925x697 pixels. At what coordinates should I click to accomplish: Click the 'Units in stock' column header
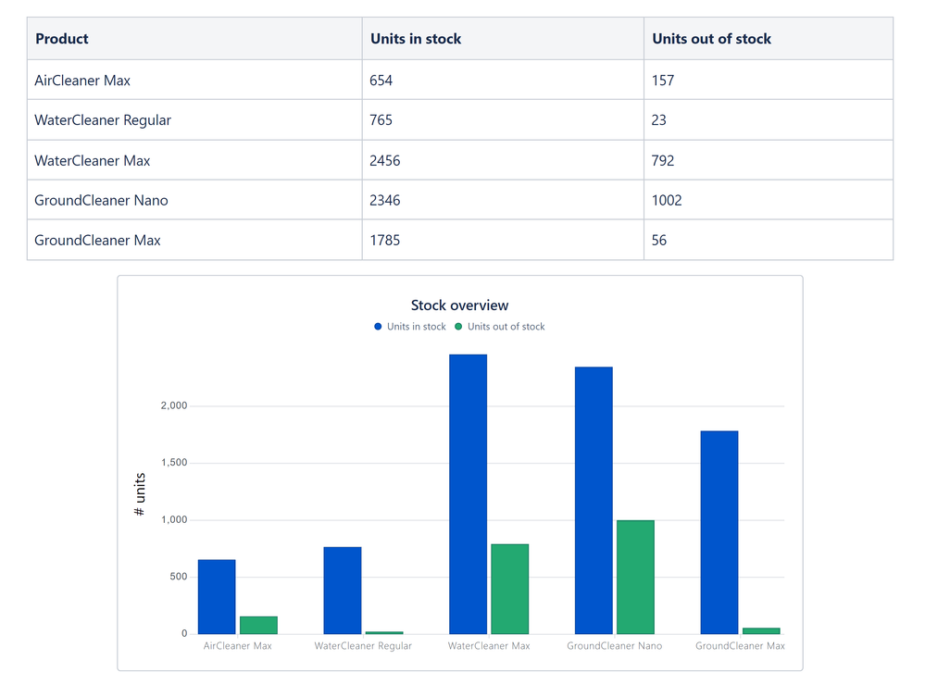click(416, 39)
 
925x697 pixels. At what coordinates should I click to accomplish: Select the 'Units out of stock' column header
click(711, 39)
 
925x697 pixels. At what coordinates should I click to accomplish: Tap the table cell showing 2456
click(385, 160)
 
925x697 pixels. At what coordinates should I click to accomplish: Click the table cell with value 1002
click(667, 200)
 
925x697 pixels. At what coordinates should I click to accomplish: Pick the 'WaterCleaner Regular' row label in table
click(103, 120)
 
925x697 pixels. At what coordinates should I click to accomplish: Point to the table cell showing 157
click(663, 81)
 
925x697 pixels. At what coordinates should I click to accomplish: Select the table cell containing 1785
click(385, 240)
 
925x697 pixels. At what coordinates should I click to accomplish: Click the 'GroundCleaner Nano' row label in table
click(101, 200)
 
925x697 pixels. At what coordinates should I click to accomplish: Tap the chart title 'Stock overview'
click(459, 305)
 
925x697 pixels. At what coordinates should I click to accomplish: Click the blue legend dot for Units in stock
click(378, 327)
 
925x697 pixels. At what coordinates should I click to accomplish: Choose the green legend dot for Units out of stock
click(458, 327)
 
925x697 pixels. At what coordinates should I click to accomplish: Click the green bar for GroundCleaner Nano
click(635, 577)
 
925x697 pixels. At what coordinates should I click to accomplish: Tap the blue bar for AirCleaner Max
click(217, 597)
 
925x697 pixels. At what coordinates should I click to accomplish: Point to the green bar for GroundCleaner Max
click(761, 630)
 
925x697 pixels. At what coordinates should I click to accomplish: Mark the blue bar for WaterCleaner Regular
click(343, 591)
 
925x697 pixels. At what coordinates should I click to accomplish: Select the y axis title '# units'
click(140, 494)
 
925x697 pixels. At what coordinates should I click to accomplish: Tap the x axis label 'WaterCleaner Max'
click(489, 646)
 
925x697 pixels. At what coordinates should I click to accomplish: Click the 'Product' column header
click(62, 39)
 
